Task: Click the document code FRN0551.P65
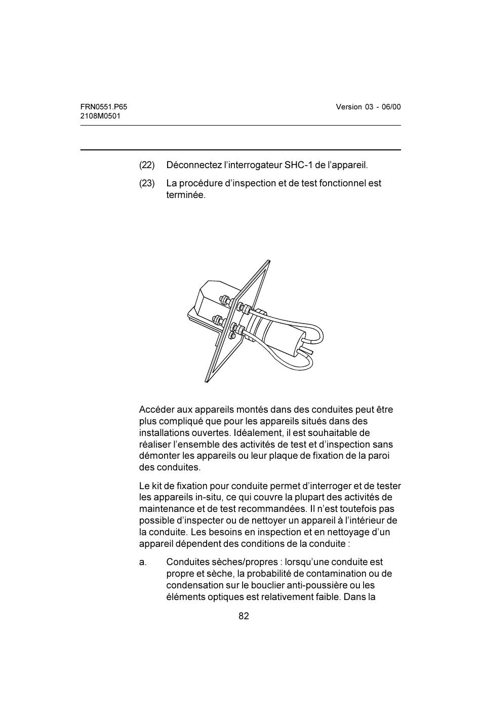point(103,107)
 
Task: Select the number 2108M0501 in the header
point(100,116)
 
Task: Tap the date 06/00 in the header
point(391,107)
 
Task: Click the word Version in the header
point(349,107)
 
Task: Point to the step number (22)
point(147,165)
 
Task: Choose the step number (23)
point(147,183)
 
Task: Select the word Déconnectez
point(194,165)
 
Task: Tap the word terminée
point(186,195)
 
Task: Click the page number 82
point(244,616)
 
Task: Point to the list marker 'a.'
point(143,562)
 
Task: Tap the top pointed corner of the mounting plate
point(268,261)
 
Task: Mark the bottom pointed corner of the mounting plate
point(207,381)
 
